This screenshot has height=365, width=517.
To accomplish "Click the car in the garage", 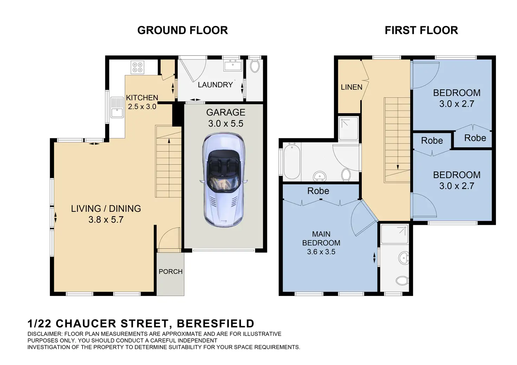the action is pos(223,179).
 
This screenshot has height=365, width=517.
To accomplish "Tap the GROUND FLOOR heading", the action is pos(183,31).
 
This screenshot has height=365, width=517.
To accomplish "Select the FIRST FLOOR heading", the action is pos(421,31).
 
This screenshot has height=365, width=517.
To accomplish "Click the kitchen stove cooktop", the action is pos(138,67).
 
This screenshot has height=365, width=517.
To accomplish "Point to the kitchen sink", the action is pos(117,107).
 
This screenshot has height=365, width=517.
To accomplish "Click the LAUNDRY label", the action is pos(215,85).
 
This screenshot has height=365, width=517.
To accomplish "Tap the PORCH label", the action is pos(171,271).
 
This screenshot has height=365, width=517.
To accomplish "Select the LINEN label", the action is pos(352,87).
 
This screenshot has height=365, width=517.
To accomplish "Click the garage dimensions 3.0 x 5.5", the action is pos(226,124).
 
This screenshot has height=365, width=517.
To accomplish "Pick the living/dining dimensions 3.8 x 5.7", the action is pos(106,219).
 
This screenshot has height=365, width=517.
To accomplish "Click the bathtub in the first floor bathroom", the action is pos(292,161).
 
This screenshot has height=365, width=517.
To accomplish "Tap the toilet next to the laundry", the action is pos(255,66).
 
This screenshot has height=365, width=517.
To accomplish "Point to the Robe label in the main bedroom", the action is pos(318,191).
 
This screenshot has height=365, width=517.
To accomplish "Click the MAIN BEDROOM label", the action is pos(321,238).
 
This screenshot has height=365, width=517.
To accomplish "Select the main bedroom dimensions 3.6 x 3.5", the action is pos(321,252).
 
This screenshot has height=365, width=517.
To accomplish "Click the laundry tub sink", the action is pos(233,65).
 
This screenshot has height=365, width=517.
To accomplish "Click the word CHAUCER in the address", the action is pos(86,324).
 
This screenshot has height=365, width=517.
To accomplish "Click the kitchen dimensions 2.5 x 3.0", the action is pos(142,107).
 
